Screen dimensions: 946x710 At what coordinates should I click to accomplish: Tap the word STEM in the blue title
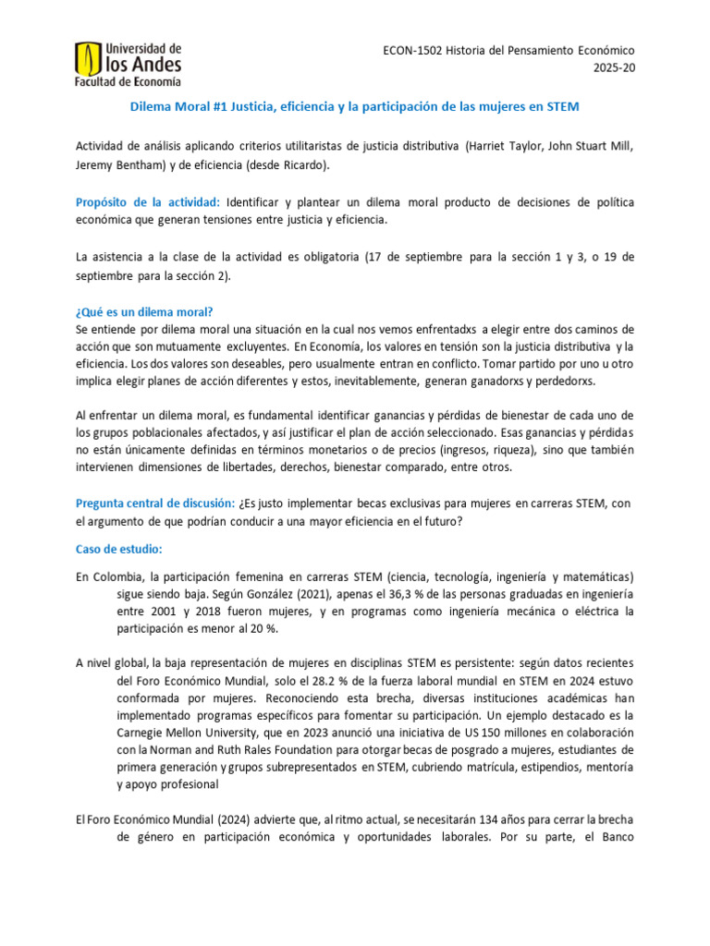point(563,106)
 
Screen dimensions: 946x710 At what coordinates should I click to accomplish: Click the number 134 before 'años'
point(422,820)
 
